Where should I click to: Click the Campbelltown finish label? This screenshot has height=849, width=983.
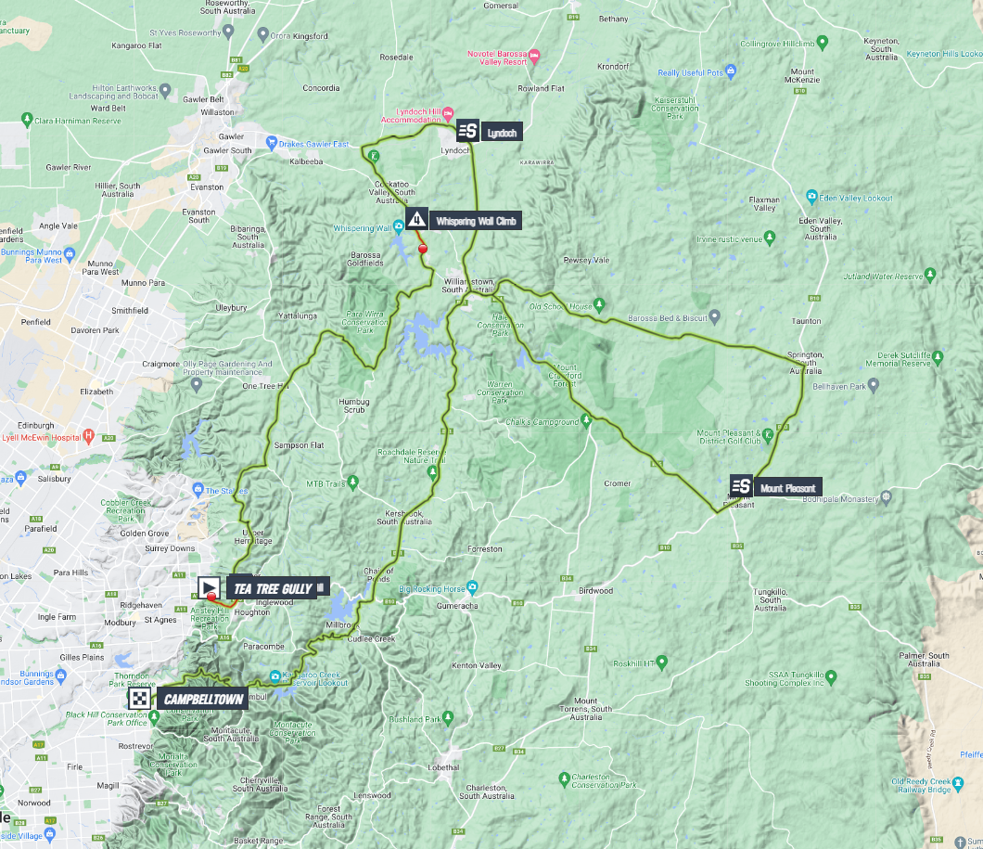click(202, 698)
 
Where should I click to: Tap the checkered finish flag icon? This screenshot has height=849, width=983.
click(140, 699)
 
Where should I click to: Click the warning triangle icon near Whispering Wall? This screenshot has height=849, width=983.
click(416, 219)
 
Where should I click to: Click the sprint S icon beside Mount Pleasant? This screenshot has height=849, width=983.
click(741, 486)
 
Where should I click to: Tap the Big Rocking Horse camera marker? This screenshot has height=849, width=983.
click(472, 587)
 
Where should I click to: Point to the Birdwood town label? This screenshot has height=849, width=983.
click(595, 590)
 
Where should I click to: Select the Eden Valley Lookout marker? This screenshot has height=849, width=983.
click(811, 198)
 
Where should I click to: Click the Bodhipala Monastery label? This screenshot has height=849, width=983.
click(839, 498)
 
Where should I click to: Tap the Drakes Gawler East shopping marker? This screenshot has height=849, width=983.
click(272, 143)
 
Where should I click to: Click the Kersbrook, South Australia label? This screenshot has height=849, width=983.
click(400, 518)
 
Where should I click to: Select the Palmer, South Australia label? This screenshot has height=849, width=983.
click(925, 660)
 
